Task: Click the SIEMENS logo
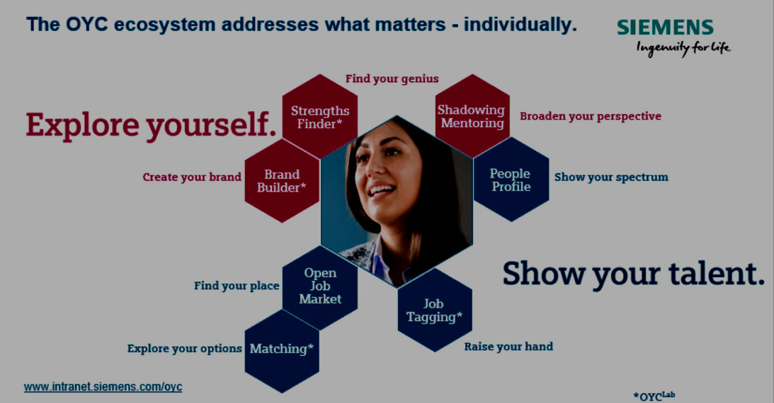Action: pos(665,27)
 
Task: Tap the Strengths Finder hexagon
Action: pos(320,117)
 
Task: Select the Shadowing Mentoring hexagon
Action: pos(472,116)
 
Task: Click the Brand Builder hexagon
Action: pos(282,181)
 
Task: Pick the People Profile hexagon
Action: pos(511,180)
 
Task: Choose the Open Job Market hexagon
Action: pos(320,288)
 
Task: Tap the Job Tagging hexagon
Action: pos(435,310)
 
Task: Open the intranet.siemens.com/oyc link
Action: pos(103,387)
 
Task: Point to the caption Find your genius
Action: pos(392,78)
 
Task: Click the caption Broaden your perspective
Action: pos(591,116)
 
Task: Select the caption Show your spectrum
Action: pos(611,177)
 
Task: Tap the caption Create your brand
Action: pos(191,177)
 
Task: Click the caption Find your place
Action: pos(237,286)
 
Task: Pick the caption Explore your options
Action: pos(185,349)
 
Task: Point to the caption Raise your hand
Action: pos(508,347)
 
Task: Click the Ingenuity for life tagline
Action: pos(683,48)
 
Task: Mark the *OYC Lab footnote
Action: pos(654,396)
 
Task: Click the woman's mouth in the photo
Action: pos(382,189)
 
